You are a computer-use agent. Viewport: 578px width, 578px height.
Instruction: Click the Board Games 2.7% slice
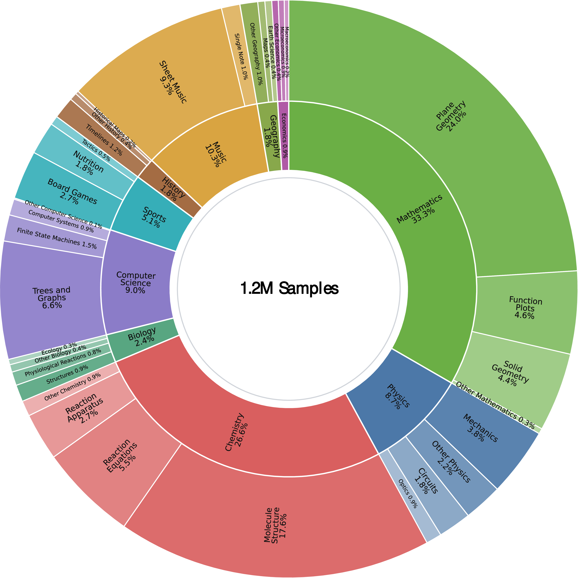click(x=72, y=196)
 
